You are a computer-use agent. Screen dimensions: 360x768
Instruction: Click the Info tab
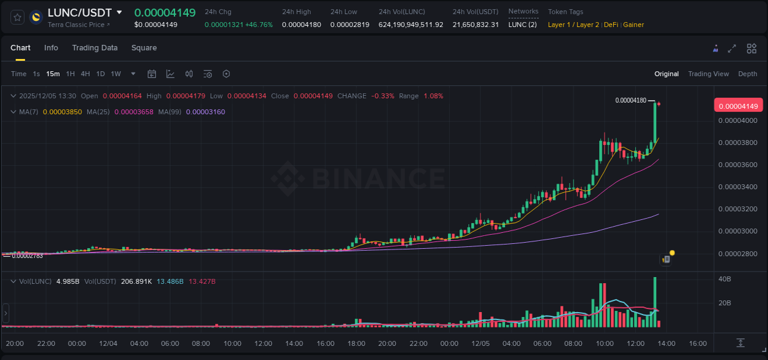click(x=51, y=48)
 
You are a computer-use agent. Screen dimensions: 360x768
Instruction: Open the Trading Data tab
click(x=95, y=48)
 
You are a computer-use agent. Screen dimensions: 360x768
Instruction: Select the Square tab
click(x=144, y=48)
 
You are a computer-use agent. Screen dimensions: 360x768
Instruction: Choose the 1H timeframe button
click(x=70, y=74)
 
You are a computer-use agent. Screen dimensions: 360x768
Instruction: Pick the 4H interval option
click(x=85, y=74)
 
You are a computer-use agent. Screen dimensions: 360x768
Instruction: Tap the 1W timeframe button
click(x=116, y=74)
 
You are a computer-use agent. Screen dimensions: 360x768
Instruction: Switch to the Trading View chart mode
click(x=708, y=74)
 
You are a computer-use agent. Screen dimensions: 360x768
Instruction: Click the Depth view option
click(x=747, y=74)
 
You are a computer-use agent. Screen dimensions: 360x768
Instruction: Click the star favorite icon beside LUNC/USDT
click(x=17, y=17)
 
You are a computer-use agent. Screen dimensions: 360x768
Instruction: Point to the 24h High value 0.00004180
click(x=301, y=25)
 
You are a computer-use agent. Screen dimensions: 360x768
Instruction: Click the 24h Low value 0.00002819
click(x=350, y=25)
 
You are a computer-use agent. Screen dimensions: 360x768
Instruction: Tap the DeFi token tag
click(x=611, y=25)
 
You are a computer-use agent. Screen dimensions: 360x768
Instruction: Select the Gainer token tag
click(x=633, y=25)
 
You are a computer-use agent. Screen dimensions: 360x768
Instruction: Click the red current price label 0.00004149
click(x=738, y=106)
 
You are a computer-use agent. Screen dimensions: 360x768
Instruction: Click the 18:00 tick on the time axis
click(x=356, y=343)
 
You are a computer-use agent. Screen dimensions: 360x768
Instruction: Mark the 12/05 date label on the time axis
click(x=480, y=343)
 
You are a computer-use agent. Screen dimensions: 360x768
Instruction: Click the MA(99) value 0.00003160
click(x=205, y=112)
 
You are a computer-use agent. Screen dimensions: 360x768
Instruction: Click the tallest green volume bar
click(x=655, y=302)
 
